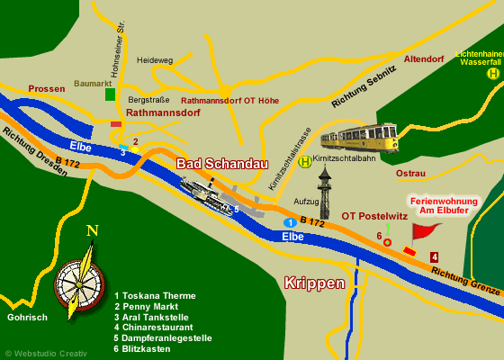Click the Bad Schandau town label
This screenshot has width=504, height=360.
click(x=221, y=164)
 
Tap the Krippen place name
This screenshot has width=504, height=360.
click(x=314, y=283)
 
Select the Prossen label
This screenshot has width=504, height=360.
click(x=47, y=89)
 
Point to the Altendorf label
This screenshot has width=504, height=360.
click(x=424, y=59)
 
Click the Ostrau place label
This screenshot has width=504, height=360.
click(x=410, y=173)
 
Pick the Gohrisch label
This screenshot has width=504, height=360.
click(x=27, y=318)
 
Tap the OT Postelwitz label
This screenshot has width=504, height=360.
click(x=374, y=216)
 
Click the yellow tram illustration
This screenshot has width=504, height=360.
click(x=359, y=138)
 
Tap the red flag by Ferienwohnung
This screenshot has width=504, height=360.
click(x=425, y=230)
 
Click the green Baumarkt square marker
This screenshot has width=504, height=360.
click(x=110, y=94)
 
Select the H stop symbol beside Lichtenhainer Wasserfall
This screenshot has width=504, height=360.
click(x=492, y=74)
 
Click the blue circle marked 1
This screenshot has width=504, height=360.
click(x=290, y=222)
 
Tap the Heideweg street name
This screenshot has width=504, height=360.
click(x=155, y=60)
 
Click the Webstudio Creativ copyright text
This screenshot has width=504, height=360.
click(x=46, y=354)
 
